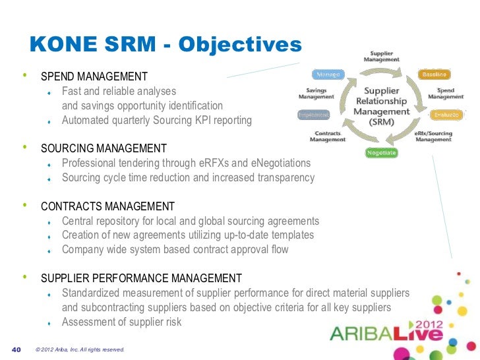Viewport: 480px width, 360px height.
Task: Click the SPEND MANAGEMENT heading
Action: coord(94,77)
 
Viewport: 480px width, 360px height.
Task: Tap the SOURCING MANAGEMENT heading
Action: coord(104,148)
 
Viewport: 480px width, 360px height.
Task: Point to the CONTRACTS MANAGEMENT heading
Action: coord(107,206)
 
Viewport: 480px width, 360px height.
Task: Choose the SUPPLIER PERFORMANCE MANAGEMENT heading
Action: coord(141,278)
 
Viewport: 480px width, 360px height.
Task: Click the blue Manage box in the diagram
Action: coord(327,75)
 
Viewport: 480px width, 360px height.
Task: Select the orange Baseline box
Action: coord(435,75)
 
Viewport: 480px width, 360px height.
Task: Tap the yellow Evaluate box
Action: coord(442,115)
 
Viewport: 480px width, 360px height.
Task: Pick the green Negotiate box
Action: coord(381,153)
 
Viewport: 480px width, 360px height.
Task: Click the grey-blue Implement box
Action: coord(314,115)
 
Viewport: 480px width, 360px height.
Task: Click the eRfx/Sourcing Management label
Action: coord(433,136)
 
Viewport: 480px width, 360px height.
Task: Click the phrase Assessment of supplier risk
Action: coord(121,322)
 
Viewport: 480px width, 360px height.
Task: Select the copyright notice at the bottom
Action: coord(80,349)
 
